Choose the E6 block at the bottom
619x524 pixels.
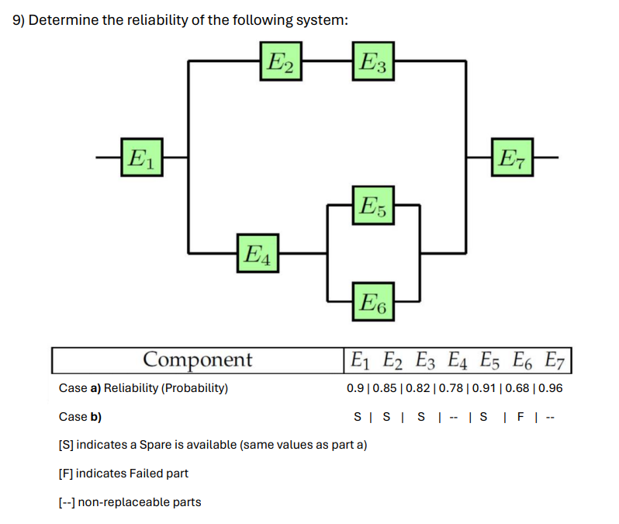pos(374,300)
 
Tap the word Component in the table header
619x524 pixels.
pos(198,360)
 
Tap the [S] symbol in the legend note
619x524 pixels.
pos(67,445)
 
